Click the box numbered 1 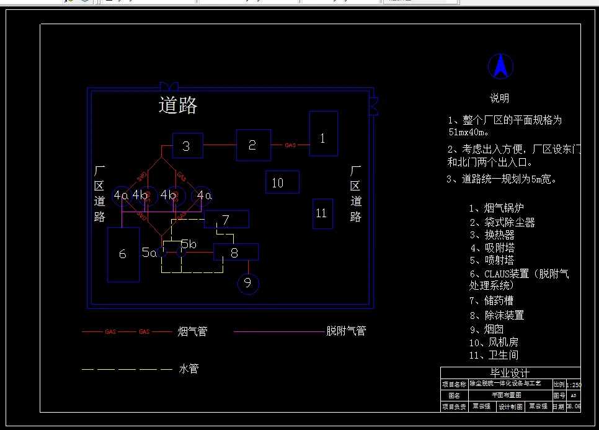coord(323,133)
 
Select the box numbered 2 coord(253,145)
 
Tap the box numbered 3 coord(187,146)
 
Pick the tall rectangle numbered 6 coord(123,254)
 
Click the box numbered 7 coord(226,219)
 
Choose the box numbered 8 coord(236,252)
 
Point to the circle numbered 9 coord(248,284)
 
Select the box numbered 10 coord(282,182)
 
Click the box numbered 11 coord(322,213)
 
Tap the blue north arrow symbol coord(500,66)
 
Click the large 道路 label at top coord(178,105)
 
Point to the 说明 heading coord(499,98)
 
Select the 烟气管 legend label coord(192,331)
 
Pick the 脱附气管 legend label coord(346,331)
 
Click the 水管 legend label coord(189,369)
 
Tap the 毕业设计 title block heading coord(510,373)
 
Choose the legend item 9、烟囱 coord(487,329)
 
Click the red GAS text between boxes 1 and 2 coord(290,145)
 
